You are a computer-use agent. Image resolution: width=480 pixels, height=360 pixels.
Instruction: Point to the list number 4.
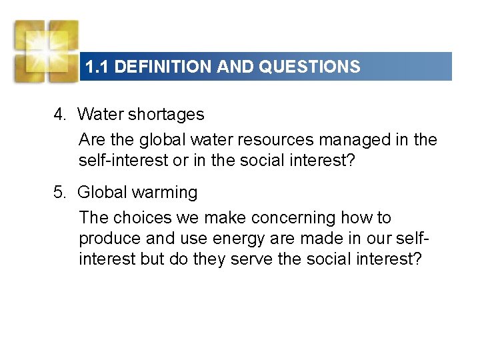pyautogui.click(x=60, y=115)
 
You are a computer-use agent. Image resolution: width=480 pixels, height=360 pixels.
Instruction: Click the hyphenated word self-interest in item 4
pyautogui.click(x=127, y=160)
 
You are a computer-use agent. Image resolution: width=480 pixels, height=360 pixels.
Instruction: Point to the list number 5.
pyautogui.click(x=60, y=193)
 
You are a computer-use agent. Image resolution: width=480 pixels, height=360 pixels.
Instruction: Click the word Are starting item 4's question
pyautogui.click(x=92, y=140)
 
